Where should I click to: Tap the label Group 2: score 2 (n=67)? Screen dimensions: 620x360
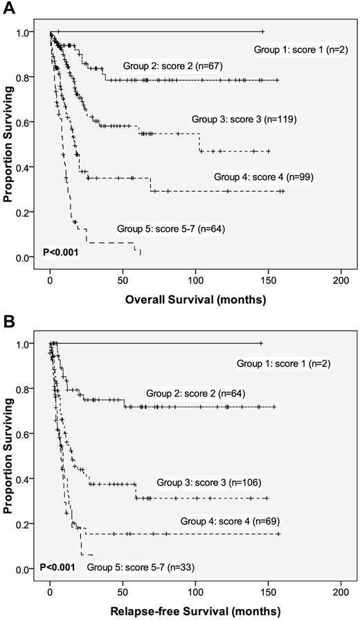click(x=168, y=66)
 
